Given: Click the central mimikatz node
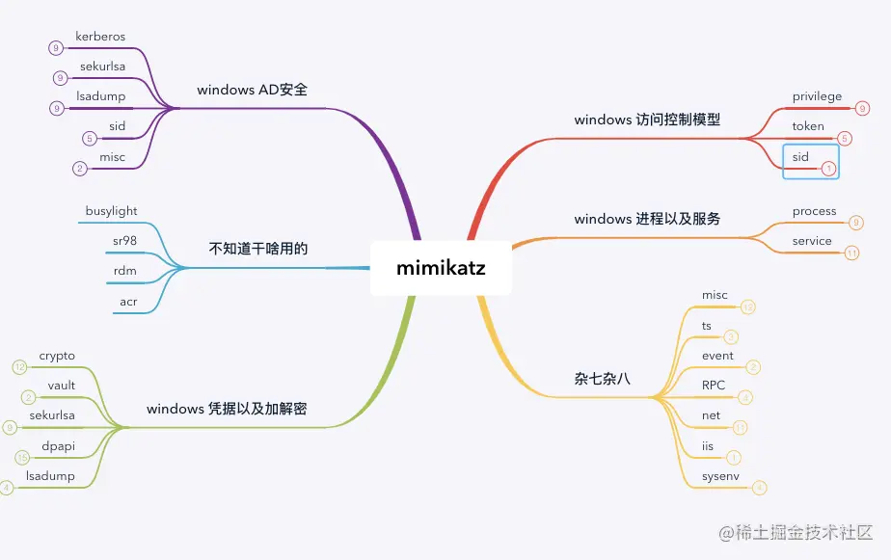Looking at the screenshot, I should pyautogui.click(x=441, y=268).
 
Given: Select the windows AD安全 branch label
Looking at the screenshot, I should pyautogui.click(x=258, y=90).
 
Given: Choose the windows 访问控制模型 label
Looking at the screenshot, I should pyautogui.click(x=647, y=120).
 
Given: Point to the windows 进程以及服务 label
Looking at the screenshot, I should pyautogui.click(x=647, y=219).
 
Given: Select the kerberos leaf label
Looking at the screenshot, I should pyautogui.click(x=100, y=37).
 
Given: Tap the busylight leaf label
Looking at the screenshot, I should pyautogui.click(x=112, y=211).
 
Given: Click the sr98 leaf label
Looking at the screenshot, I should pyautogui.click(x=124, y=241).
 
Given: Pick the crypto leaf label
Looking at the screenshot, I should pyautogui.click(x=57, y=357).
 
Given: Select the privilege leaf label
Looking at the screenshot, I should pyautogui.click(x=817, y=96).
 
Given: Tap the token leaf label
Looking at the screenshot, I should pyautogui.click(x=808, y=126).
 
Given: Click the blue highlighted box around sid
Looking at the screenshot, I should pyautogui.click(x=810, y=161).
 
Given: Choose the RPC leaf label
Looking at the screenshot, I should pyautogui.click(x=714, y=386).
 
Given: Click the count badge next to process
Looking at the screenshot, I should pyautogui.click(x=856, y=223).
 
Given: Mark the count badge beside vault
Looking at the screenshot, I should pyautogui.click(x=29, y=397).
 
